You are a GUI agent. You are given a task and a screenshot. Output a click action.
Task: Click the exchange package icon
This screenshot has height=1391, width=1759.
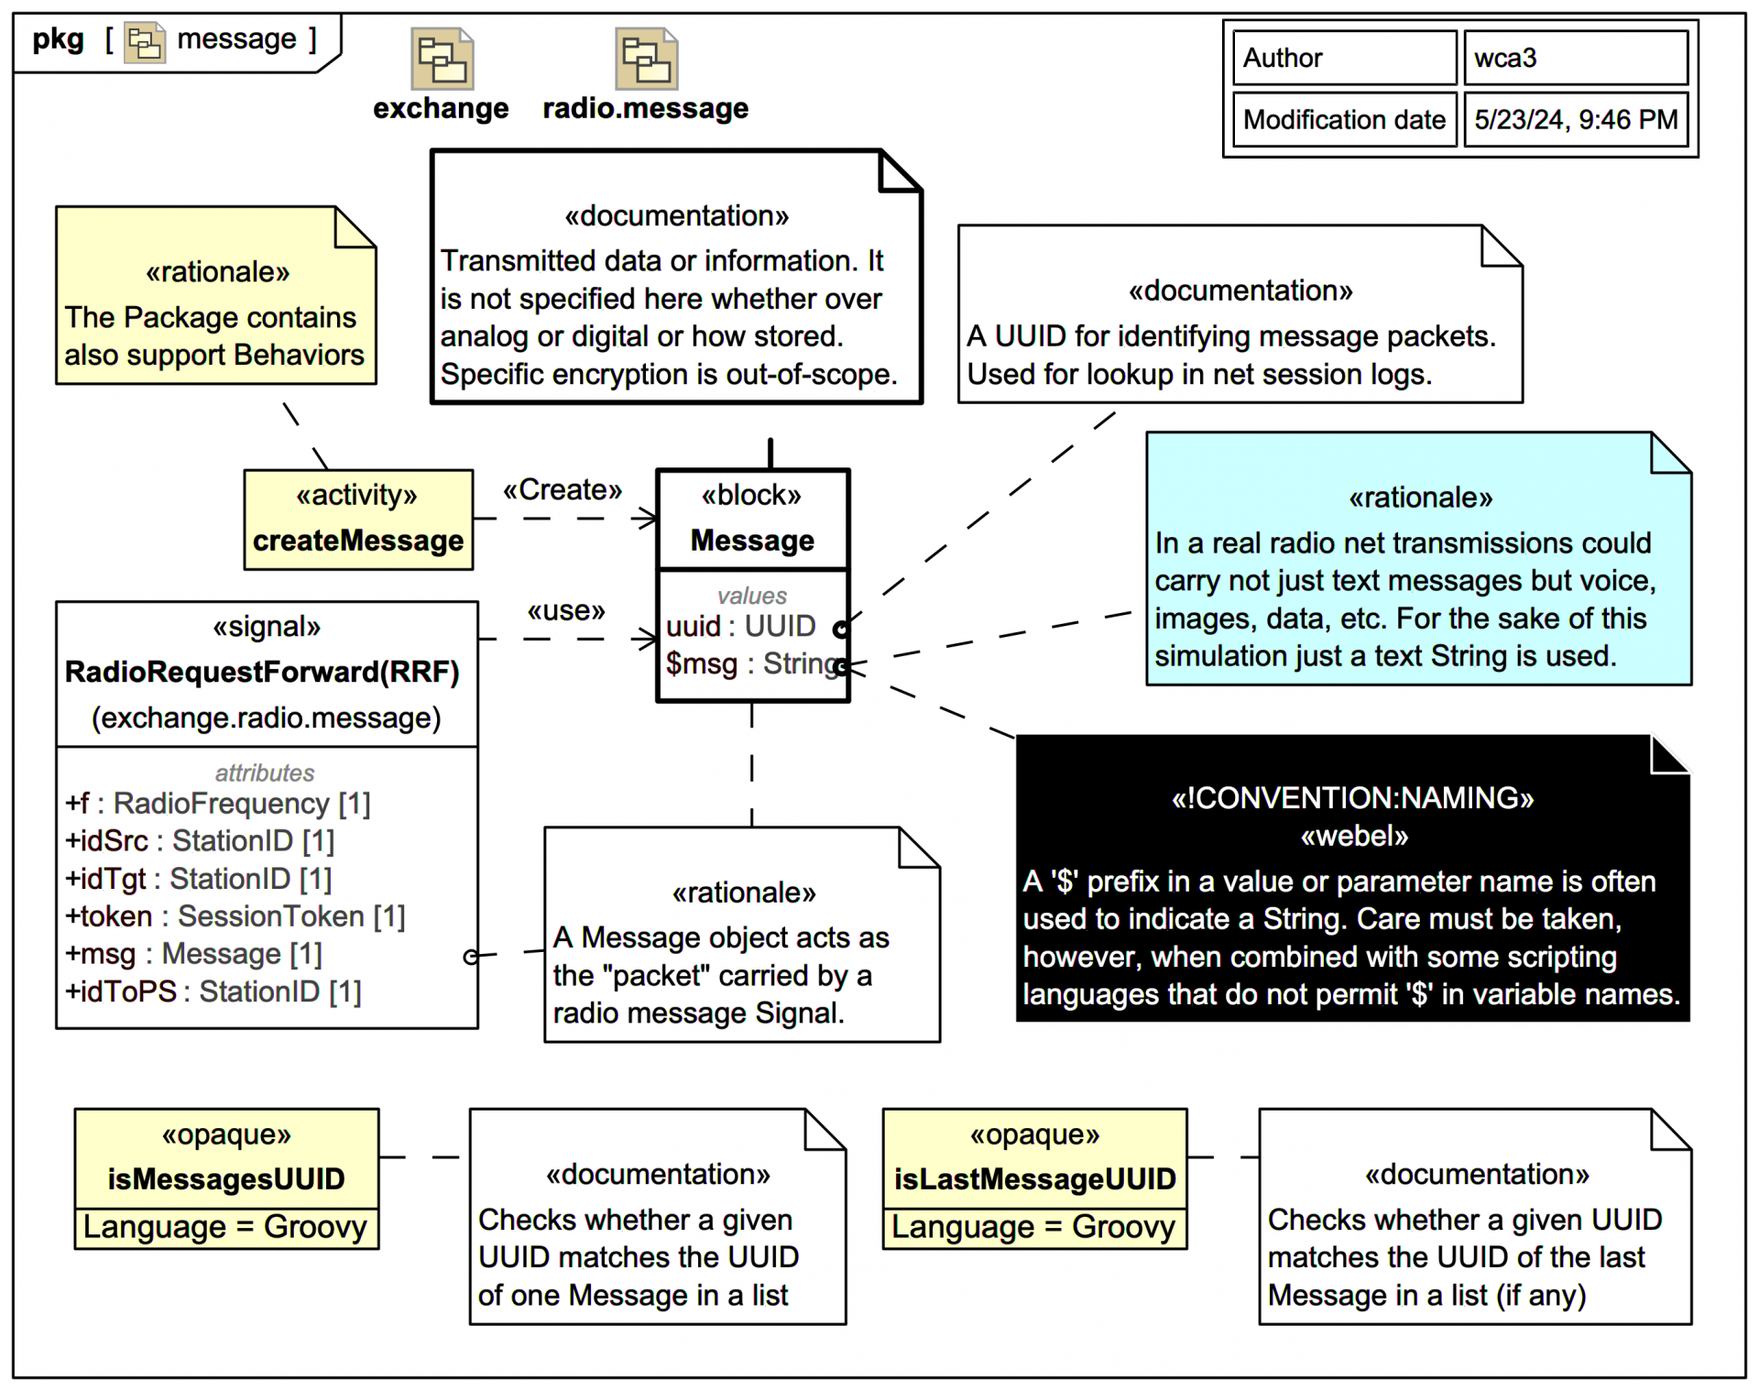(x=442, y=59)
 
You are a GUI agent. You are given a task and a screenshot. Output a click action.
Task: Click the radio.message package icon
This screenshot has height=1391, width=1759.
(x=646, y=59)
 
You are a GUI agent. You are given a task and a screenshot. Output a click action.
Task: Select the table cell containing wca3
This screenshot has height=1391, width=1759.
(x=1575, y=58)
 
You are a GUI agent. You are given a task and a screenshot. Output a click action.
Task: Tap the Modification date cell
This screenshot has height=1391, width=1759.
(x=1344, y=119)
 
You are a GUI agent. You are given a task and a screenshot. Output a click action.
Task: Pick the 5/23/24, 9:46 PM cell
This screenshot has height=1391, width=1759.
(x=1575, y=119)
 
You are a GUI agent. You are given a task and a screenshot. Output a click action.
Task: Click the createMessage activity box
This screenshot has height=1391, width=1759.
(x=358, y=520)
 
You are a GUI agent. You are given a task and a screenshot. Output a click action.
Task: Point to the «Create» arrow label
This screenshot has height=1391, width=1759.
(x=562, y=490)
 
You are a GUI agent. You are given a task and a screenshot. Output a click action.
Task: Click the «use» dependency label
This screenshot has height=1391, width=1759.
(x=566, y=610)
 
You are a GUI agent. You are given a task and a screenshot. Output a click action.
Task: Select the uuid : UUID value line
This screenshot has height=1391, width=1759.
(x=740, y=626)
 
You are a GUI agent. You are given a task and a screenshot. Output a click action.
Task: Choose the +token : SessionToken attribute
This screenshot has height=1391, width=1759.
(x=235, y=916)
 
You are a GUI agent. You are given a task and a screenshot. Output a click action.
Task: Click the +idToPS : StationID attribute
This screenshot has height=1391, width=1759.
(x=213, y=991)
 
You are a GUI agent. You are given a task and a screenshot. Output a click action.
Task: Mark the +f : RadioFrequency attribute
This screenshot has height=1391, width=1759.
(x=217, y=804)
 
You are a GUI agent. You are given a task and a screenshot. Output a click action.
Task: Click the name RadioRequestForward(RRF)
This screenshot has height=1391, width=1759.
(x=262, y=672)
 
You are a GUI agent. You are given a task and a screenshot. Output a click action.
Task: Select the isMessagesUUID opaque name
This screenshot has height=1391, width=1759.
(x=226, y=1179)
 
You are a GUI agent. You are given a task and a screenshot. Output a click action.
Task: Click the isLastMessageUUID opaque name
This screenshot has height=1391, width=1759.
(x=1034, y=1179)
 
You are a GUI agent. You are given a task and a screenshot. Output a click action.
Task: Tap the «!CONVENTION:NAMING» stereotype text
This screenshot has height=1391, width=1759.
(x=1352, y=798)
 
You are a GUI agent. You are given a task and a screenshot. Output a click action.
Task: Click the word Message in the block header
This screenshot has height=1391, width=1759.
(x=752, y=541)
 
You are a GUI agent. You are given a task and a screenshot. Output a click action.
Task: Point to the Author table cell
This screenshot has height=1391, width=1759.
(x=1344, y=58)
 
